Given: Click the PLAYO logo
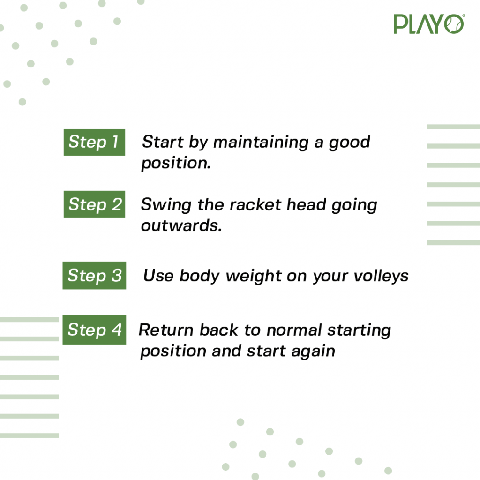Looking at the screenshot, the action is (x=429, y=24).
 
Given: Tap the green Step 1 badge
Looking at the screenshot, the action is (x=94, y=142).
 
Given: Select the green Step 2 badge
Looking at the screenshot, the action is (x=94, y=204).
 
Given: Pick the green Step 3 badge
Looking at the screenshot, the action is (x=94, y=276).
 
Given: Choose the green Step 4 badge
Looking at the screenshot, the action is (x=94, y=330).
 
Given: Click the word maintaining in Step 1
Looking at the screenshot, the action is (x=261, y=142).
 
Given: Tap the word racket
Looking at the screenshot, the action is (x=255, y=204).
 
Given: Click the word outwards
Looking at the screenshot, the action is (x=181, y=225).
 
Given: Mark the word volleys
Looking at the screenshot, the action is (x=381, y=276).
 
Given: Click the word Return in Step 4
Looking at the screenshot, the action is (x=166, y=330).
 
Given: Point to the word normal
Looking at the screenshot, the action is (x=294, y=330).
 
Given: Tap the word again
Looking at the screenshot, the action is (x=313, y=352).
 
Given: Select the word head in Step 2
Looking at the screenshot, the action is (x=306, y=204).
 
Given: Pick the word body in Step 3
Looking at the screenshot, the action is (x=200, y=276).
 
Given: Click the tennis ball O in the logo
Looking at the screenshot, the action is (x=454, y=24).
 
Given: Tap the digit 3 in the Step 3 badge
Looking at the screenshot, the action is (x=116, y=275).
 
